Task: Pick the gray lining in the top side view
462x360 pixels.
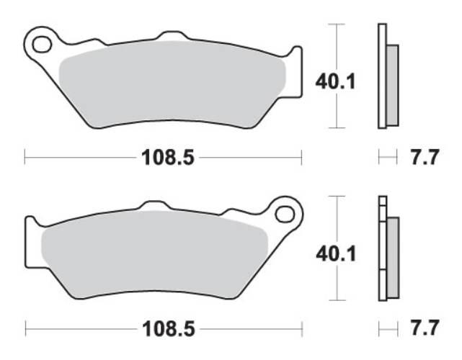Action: click(x=392, y=83)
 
